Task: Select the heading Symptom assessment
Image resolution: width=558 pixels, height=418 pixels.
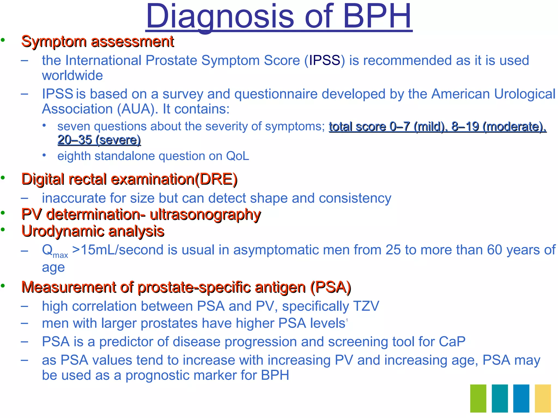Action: click(x=98, y=42)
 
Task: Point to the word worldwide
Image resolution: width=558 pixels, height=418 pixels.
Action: click(x=72, y=75)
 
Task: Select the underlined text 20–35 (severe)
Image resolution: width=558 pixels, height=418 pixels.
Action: click(x=99, y=140)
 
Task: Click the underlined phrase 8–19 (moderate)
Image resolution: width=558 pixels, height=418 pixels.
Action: click(x=499, y=127)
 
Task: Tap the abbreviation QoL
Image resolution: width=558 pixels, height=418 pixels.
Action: click(x=237, y=156)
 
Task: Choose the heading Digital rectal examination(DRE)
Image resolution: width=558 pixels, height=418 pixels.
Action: click(x=129, y=179)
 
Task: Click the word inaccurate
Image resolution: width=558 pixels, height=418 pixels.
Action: click(x=74, y=198)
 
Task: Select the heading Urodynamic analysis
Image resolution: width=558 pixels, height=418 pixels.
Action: click(x=93, y=231)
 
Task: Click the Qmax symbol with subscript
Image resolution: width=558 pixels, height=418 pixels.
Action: click(x=54, y=251)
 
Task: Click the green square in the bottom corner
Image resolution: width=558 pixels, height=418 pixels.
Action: click(x=478, y=398)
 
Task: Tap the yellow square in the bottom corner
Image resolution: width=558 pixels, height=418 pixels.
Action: click(x=543, y=398)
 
